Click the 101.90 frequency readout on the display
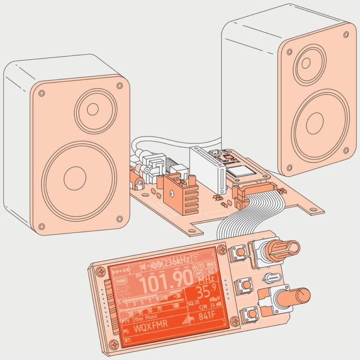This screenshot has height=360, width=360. [166, 283]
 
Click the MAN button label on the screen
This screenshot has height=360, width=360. [122, 281]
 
